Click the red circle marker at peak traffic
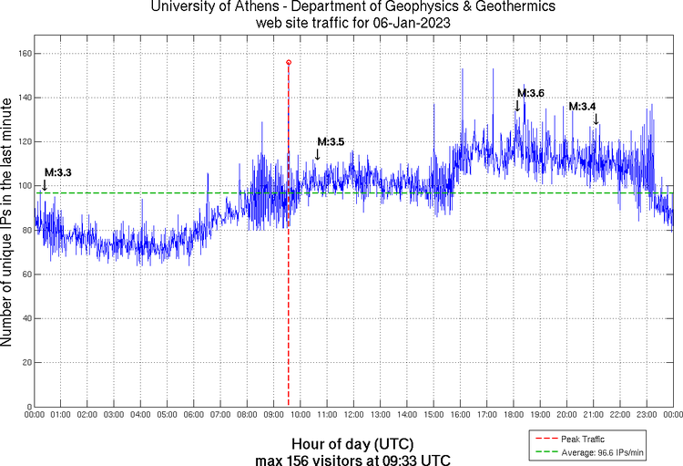[x=289, y=62]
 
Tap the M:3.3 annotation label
[x=58, y=172]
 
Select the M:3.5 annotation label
[x=331, y=141]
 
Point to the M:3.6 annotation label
[x=531, y=93]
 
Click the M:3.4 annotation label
[x=582, y=107]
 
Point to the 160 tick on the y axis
[x=24, y=54]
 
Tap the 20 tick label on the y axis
[x=26, y=363]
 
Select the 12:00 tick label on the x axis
[x=353, y=415]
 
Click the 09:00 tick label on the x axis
[x=273, y=415]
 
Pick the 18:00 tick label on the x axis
[x=513, y=415]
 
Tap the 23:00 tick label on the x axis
[x=647, y=415]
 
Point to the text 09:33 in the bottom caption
[x=403, y=458]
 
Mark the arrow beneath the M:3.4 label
[x=596, y=119]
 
